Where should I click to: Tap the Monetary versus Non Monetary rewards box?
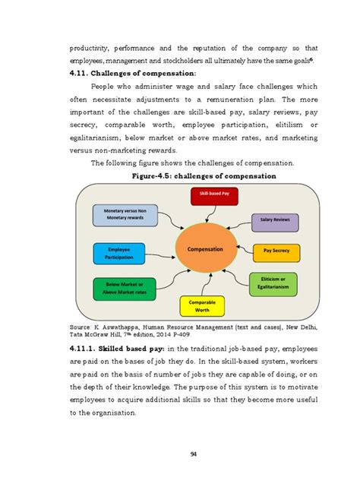click(x=125, y=215)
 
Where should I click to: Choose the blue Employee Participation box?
click(x=119, y=253)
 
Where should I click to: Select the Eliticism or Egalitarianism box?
click(x=273, y=283)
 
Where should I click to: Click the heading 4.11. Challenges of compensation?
click(x=134, y=73)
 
